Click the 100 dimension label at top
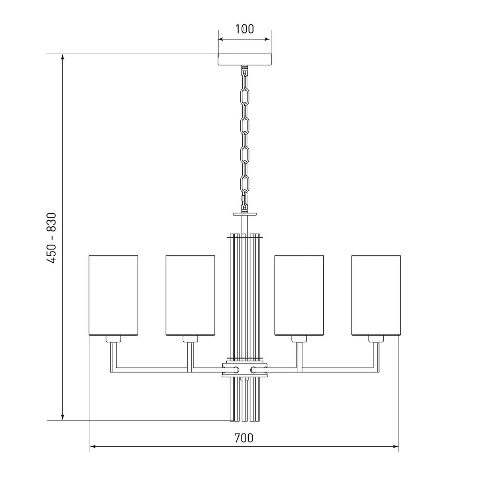[244, 29]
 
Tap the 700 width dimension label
[243, 438]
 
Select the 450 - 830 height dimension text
[52, 238]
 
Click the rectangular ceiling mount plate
[245, 59]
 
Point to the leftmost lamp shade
[113, 295]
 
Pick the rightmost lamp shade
[376, 295]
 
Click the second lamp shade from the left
[190, 295]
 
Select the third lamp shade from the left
[299, 295]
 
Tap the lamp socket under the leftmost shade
[113, 339]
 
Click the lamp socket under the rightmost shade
[376, 339]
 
